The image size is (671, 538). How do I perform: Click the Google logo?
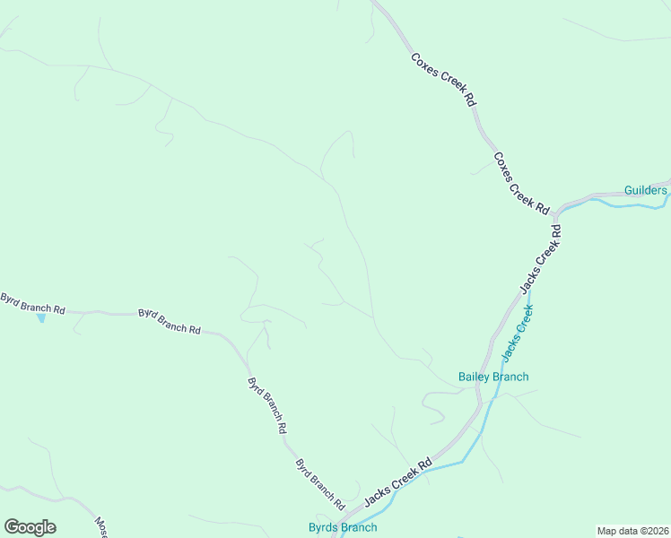click(x=30, y=527)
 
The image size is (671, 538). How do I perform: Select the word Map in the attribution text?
click(x=608, y=531)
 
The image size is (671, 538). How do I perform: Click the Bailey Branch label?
click(x=493, y=377)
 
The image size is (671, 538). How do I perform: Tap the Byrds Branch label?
click(x=343, y=527)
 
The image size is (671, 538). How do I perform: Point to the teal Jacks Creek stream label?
click(x=517, y=333)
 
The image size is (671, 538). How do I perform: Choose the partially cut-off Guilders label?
click(x=646, y=190)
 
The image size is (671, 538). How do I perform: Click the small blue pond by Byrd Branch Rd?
click(x=40, y=318)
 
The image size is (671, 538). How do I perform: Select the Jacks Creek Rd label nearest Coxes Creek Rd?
click(x=541, y=258)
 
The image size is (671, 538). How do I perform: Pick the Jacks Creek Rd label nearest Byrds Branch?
click(x=398, y=482)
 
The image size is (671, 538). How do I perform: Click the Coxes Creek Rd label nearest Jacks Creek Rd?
click(x=520, y=182)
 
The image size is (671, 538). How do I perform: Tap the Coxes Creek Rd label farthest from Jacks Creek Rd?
click(x=443, y=80)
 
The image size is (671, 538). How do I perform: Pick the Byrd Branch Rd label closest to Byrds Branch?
click(x=320, y=481)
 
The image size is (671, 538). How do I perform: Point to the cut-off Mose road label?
click(x=101, y=527)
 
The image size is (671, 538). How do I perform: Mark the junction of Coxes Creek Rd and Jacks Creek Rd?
click(x=556, y=213)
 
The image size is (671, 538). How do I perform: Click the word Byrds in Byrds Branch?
click(x=325, y=527)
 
